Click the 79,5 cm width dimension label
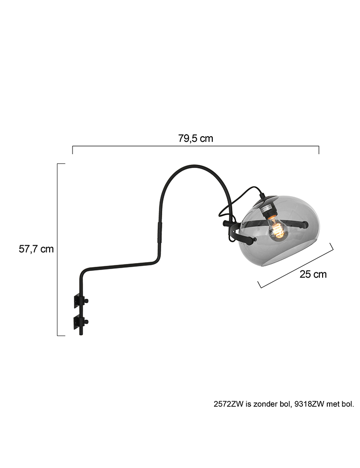195,139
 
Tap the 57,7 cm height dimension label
36,249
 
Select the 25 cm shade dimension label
313,274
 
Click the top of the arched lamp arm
194,166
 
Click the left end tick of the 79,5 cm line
72,150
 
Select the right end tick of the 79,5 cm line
319,150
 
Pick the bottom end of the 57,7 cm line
61,336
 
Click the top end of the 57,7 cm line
61,164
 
